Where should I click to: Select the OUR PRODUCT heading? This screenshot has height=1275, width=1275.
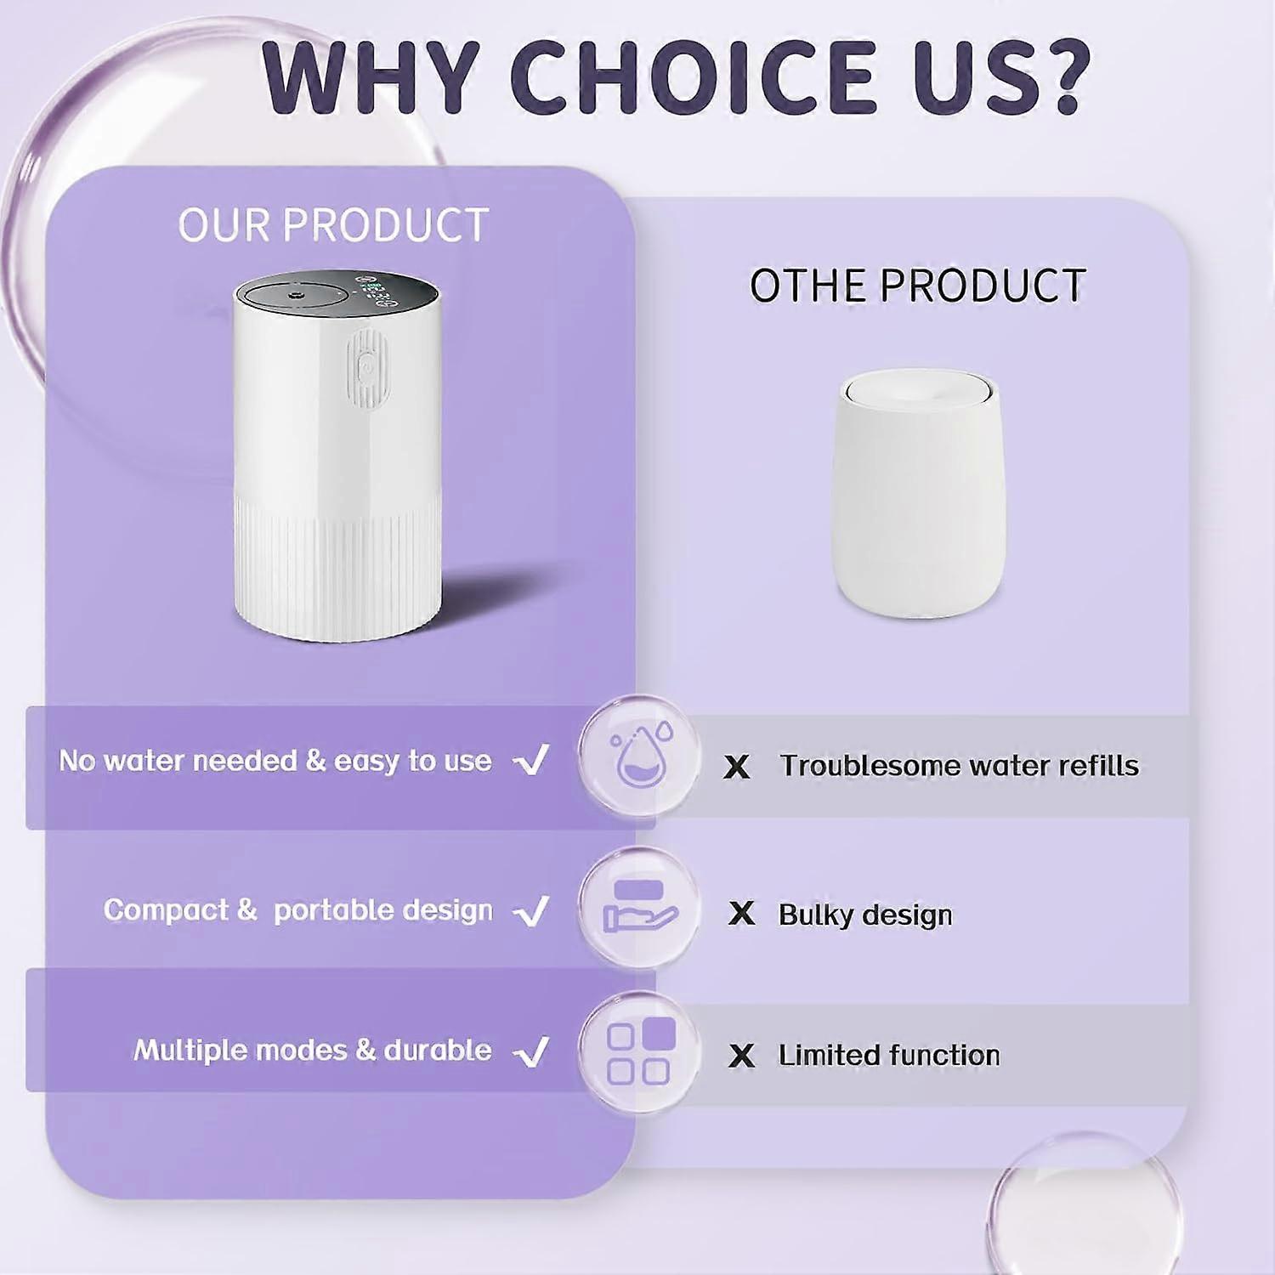pyautogui.click(x=333, y=225)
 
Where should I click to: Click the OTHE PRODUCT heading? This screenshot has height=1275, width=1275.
pyautogui.click(x=917, y=286)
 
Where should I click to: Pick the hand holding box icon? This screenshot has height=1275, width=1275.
pyautogui.click(x=639, y=907)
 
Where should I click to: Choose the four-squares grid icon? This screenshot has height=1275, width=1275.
pyautogui.click(x=640, y=1051)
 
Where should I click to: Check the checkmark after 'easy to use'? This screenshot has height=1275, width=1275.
pyautogui.click(x=532, y=760)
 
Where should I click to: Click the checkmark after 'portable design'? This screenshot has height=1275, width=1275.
pyautogui.click(x=532, y=911)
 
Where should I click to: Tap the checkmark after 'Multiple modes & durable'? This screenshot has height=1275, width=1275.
pyautogui.click(x=532, y=1052)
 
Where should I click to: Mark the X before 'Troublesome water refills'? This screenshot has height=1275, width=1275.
pyautogui.click(x=737, y=767)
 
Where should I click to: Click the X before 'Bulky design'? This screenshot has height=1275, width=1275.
pyautogui.click(x=741, y=914)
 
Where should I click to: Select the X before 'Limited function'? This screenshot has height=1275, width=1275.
pyautogui.click(x=741, y=1056)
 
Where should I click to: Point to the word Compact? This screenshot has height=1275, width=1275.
pyautogui.click(x=166, y=910)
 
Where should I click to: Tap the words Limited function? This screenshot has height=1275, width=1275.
pyautogui.click(x=889, y=1055)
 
